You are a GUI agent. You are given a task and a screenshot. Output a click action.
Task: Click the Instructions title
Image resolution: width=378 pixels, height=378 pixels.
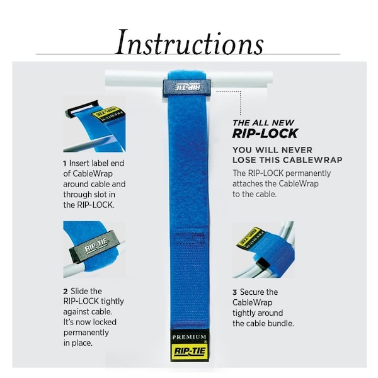[189, 42]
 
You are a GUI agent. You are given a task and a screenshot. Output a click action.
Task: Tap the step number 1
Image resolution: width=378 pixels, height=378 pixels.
[65, 164]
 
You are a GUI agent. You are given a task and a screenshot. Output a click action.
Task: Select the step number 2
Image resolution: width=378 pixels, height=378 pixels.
[66, 292]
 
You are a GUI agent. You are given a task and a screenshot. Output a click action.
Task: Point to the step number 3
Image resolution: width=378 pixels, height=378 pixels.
[235, 293]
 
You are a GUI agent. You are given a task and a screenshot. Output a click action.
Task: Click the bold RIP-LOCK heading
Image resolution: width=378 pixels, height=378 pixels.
[265, 134]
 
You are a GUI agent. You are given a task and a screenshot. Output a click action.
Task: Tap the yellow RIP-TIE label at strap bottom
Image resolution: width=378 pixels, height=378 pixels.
[189, 352]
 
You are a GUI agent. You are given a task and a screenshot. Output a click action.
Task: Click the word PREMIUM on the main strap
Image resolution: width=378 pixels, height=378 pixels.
[189, 337]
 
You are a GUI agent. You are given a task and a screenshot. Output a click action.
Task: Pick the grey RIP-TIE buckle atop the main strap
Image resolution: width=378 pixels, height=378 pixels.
[186, 88]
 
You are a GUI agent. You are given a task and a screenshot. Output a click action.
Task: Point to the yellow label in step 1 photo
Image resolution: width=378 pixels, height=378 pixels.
[108, 115]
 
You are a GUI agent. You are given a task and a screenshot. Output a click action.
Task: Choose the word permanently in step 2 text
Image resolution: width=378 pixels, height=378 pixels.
[86, 333]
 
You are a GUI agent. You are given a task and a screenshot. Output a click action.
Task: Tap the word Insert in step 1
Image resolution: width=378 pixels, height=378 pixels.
[80, 163]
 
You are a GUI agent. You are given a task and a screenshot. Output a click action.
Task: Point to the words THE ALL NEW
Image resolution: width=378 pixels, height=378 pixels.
[263, 123]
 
